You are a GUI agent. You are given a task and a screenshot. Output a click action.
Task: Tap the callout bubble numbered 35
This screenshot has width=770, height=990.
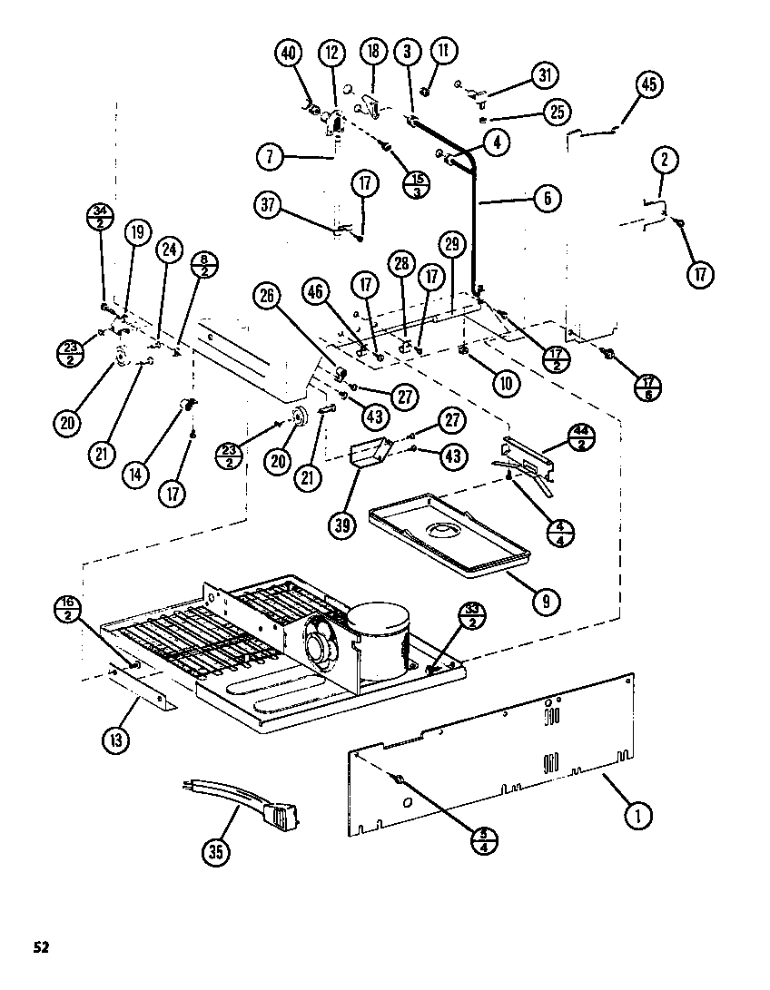[214, 851]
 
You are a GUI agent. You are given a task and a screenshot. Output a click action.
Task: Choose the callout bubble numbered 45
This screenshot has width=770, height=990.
[647, 85]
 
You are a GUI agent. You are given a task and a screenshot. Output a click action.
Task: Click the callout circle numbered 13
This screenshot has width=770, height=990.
[115, 740]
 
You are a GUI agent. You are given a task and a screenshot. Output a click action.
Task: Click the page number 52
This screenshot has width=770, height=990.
[41, 947]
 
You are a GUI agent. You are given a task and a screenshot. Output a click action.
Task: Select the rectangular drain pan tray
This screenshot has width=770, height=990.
[449, 535]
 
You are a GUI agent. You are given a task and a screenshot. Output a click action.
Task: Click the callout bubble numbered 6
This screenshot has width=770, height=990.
[548, 198]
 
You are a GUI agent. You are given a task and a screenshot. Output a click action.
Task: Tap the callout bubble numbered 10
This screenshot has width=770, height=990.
[507, 383]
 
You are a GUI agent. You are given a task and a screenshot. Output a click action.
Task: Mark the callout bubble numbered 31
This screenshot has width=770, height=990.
[544, 75]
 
